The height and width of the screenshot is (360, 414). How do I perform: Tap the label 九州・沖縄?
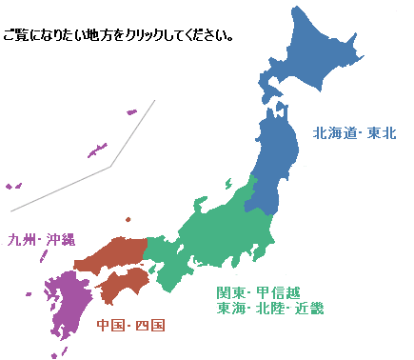[x=42, y=238]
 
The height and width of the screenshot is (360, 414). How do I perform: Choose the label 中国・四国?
[x=131, y=326]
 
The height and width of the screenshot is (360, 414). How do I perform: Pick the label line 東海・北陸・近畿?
[x=270, y=308]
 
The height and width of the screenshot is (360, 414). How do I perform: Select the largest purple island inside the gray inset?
[x=97, y=150]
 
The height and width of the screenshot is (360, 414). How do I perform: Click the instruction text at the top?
[x=119, y=35]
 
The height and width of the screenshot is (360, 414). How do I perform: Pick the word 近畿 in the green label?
[x=309, y=308]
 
